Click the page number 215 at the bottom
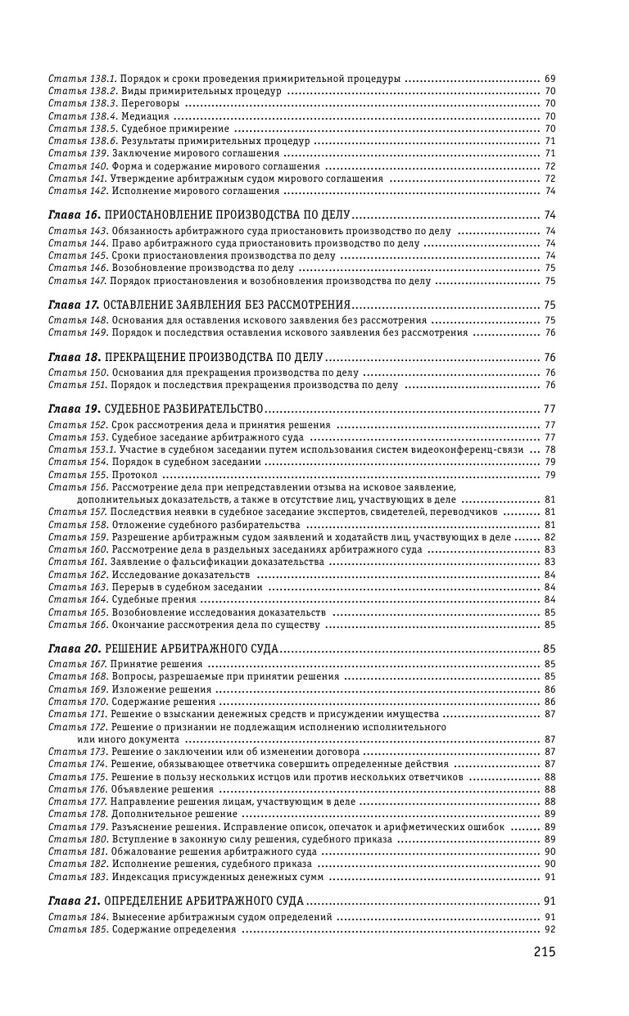[545, 951]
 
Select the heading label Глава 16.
[75, 215]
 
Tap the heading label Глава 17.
[75, 305]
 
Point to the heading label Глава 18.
[75, 358]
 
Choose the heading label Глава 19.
[75, 408]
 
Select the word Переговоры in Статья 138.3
[148, 104]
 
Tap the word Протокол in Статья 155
[133, 475]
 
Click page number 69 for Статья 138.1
[550, 79]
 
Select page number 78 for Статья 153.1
[550, 449]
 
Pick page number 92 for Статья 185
[550, 929]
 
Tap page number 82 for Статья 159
[550, 537]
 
